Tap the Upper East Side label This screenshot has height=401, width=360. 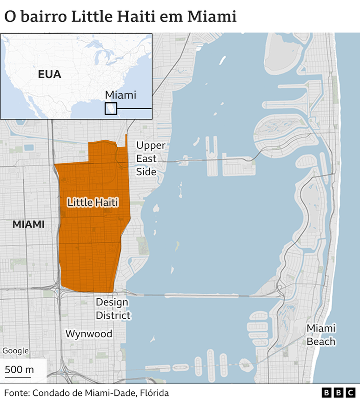(x=151, y=158)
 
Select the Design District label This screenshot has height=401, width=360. (x=113, y=309)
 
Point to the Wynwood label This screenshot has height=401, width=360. (x=89, y=334)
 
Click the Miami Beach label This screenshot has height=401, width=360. (x=321, y=335)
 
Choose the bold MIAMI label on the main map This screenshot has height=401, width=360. (x=28, y=224)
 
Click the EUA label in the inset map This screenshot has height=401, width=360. (x=50, y=74)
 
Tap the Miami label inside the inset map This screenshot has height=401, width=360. (x=120, y=95)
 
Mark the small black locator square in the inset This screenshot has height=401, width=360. (x=111, y=108)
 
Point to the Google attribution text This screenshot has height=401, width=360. (x=15, y=351)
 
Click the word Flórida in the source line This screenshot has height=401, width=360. (x=154, y=393)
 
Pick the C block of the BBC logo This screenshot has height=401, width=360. (x=351, y=393)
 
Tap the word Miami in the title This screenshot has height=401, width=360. (x=213, y=17)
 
